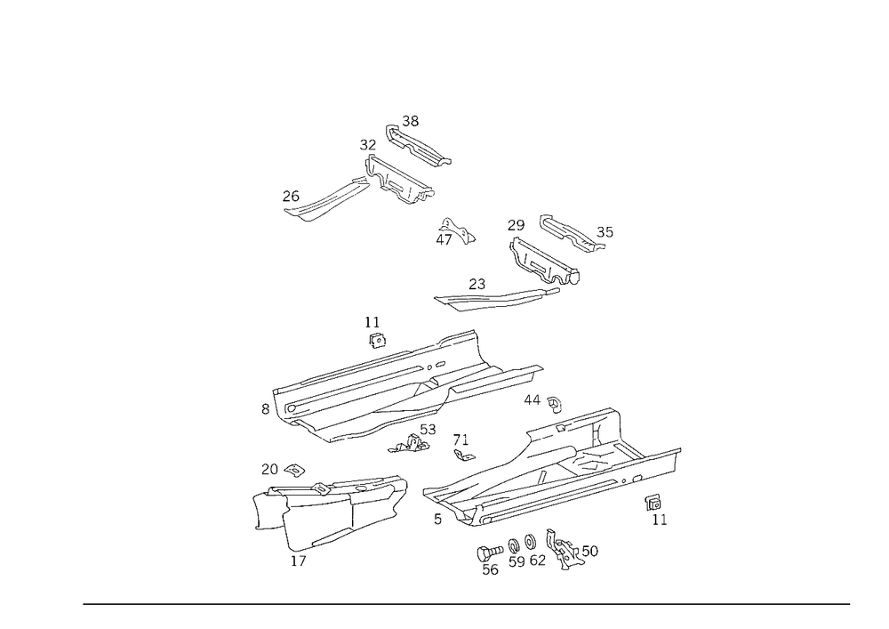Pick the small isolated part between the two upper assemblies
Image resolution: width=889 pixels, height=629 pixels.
pyautogui.click(x=455, y=234)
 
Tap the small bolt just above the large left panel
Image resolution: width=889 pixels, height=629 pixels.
pyautogui.click(x=374, y=333)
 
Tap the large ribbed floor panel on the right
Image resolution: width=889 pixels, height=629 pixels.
pyautogui.click(x=551, y=476)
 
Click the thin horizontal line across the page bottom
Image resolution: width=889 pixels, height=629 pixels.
pyautogui.click(x=467, y=603)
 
